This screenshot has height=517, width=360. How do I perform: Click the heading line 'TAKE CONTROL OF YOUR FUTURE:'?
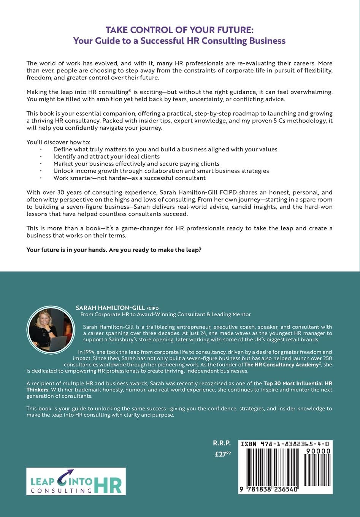tap(179, 30)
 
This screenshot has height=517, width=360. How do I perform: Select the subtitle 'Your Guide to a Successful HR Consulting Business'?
tap(179, 41)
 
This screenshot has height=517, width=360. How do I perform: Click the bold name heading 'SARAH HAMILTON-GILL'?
tap(110, 308)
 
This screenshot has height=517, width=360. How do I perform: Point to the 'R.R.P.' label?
tap(222, 443)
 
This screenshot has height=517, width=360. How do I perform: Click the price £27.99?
tap(223, 454)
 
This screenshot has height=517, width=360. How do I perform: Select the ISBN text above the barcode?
tap(285, 444)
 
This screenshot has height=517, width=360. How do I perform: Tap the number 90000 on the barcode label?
tap(318, 451)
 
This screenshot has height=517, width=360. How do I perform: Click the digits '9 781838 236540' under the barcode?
tap(269, 489)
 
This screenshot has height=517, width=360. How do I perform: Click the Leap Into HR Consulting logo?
tap(76, 481)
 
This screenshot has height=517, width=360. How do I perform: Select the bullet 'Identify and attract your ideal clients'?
tap(106, 157)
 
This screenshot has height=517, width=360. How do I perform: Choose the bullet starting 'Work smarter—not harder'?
tap(129, 178)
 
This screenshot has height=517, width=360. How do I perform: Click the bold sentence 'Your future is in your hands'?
tap(114, 250)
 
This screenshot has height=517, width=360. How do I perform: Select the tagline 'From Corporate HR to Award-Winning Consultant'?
tap(165, 314)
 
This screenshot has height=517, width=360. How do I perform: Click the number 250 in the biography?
tap(327, 358)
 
